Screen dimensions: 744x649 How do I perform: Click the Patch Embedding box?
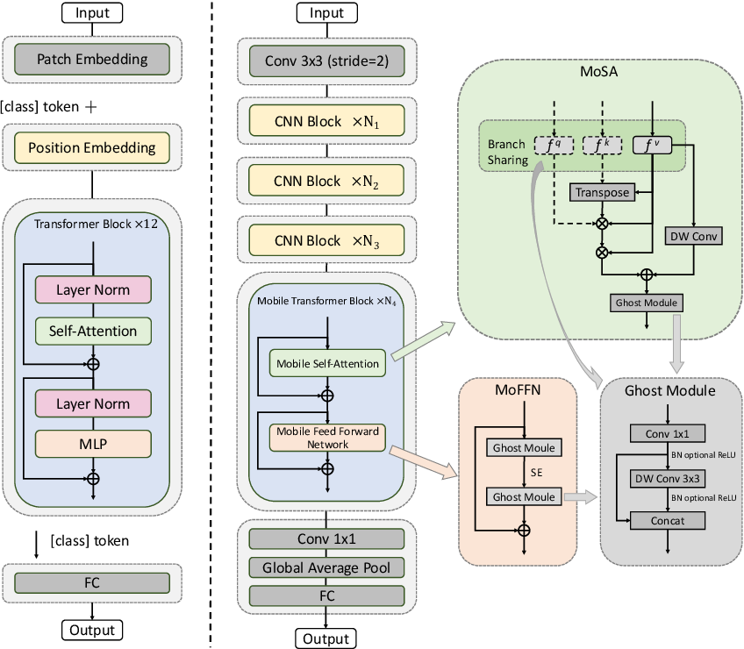pos(92,60)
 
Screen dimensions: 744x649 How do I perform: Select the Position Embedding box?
pos(92,147)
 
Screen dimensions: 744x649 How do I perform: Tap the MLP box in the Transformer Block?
pos(93,444)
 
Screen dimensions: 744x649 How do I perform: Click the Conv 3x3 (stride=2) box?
pos(327,61)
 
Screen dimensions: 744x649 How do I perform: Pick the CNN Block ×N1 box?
pos(327,121)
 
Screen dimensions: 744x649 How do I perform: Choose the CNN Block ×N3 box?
pos(327,240)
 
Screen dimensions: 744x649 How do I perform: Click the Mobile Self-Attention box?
pos(327,363)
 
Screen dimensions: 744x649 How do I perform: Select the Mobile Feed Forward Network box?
pos(327,438)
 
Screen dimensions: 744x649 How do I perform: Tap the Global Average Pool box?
pos(327,567)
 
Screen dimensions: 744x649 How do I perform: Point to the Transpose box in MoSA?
pos(602,192)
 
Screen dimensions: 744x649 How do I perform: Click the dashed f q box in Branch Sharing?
pos(554,146)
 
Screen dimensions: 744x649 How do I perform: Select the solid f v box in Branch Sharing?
pos(653,146)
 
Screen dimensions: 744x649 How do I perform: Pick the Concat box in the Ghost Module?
pos(668,520)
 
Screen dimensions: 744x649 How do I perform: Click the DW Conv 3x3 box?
pos(668,479)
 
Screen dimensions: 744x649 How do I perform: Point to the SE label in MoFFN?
pos(537,473)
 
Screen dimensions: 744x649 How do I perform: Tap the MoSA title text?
pos(599,72)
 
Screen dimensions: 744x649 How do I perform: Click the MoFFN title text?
pos(518,390)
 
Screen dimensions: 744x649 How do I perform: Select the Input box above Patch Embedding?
pos(92,13)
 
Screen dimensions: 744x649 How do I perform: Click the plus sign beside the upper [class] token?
pos(90,107)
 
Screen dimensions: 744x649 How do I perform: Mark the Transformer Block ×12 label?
pos(96,224)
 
